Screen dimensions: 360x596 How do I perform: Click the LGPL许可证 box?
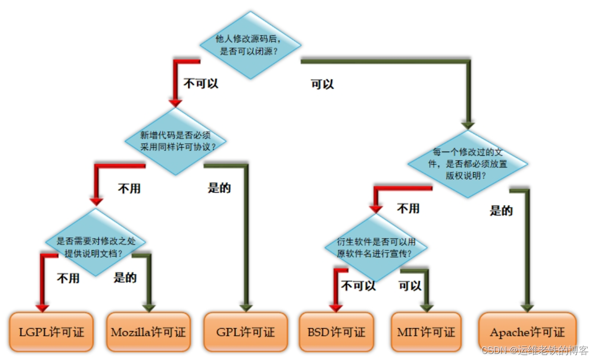[51, 332]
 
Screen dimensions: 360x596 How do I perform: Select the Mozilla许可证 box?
[148, 332]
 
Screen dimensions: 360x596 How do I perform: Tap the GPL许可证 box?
[246, 332]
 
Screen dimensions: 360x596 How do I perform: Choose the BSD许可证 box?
[336, 332]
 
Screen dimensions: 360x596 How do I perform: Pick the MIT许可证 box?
[426, 332]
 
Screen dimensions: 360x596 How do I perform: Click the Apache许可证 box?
[527, 332]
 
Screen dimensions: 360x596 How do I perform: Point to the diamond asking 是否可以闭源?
[250, 45]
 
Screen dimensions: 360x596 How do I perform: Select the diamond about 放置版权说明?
[467, 164]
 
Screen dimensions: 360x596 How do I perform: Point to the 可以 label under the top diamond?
[323, 84]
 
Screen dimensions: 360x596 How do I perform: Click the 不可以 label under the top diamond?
[201, 84]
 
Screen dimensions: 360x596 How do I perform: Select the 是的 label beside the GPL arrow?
[219, 188]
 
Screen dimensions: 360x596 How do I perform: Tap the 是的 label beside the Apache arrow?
[501, 211]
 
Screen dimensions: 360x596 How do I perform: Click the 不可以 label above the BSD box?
[359, 286]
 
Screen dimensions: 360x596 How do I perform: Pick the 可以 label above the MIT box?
[410, 286]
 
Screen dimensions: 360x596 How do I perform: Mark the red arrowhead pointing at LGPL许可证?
[42, 307]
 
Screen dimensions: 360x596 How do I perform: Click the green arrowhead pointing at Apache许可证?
[527, 307]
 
